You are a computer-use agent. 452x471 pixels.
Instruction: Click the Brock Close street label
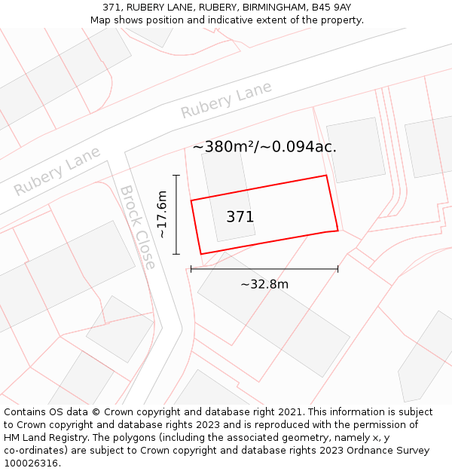tap(138, 228)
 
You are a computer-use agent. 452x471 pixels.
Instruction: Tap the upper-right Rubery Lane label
tap(226, 100)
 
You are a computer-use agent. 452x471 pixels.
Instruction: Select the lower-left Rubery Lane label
tap(57, 171)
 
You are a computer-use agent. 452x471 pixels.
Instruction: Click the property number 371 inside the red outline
tap(240, 217)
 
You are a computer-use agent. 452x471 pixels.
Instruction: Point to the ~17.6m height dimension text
tap(162, 215)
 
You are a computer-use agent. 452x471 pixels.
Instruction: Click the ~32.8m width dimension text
tap(264, 284)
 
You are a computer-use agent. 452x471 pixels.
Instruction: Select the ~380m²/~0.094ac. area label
tap(264, 147)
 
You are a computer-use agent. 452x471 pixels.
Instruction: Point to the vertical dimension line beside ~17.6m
tap(176, 215)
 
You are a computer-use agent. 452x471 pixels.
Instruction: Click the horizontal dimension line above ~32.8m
tap(264, 268)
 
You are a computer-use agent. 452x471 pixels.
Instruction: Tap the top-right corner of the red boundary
tap(326, 176)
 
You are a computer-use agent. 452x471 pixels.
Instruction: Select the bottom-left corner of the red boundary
tap(200, 254)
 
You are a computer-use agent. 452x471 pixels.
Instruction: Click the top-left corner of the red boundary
tap(191, 200)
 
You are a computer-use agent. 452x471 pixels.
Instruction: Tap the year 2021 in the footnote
tap(290, 412)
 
